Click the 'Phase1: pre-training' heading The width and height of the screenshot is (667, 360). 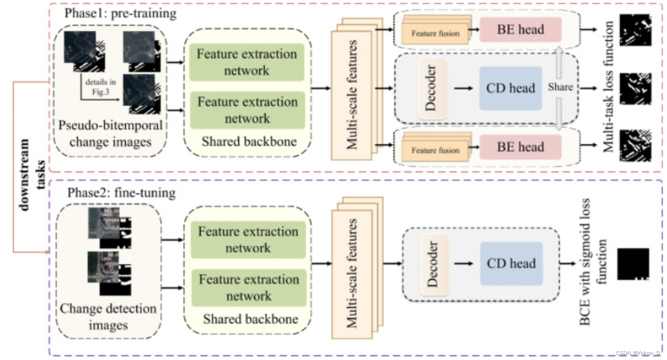click(120, 13)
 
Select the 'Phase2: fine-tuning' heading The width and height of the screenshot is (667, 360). click(121, 193)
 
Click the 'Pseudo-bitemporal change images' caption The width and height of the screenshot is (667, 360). click(110, 133)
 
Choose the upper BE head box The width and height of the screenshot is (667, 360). click(520, 30)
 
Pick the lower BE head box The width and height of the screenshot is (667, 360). click(520, 147)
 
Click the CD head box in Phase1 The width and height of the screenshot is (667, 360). click(511, 88)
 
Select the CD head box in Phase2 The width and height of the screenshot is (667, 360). click(511, 264)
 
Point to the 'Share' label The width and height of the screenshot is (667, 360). click(560, 87)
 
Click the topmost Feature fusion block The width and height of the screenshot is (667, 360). click(435, 33)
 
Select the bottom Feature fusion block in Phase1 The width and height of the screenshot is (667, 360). click(435, 151)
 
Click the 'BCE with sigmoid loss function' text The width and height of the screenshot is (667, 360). click(593, 264)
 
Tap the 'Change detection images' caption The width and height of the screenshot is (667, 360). click(108, 316)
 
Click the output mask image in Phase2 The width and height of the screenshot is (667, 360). click(633, 264)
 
